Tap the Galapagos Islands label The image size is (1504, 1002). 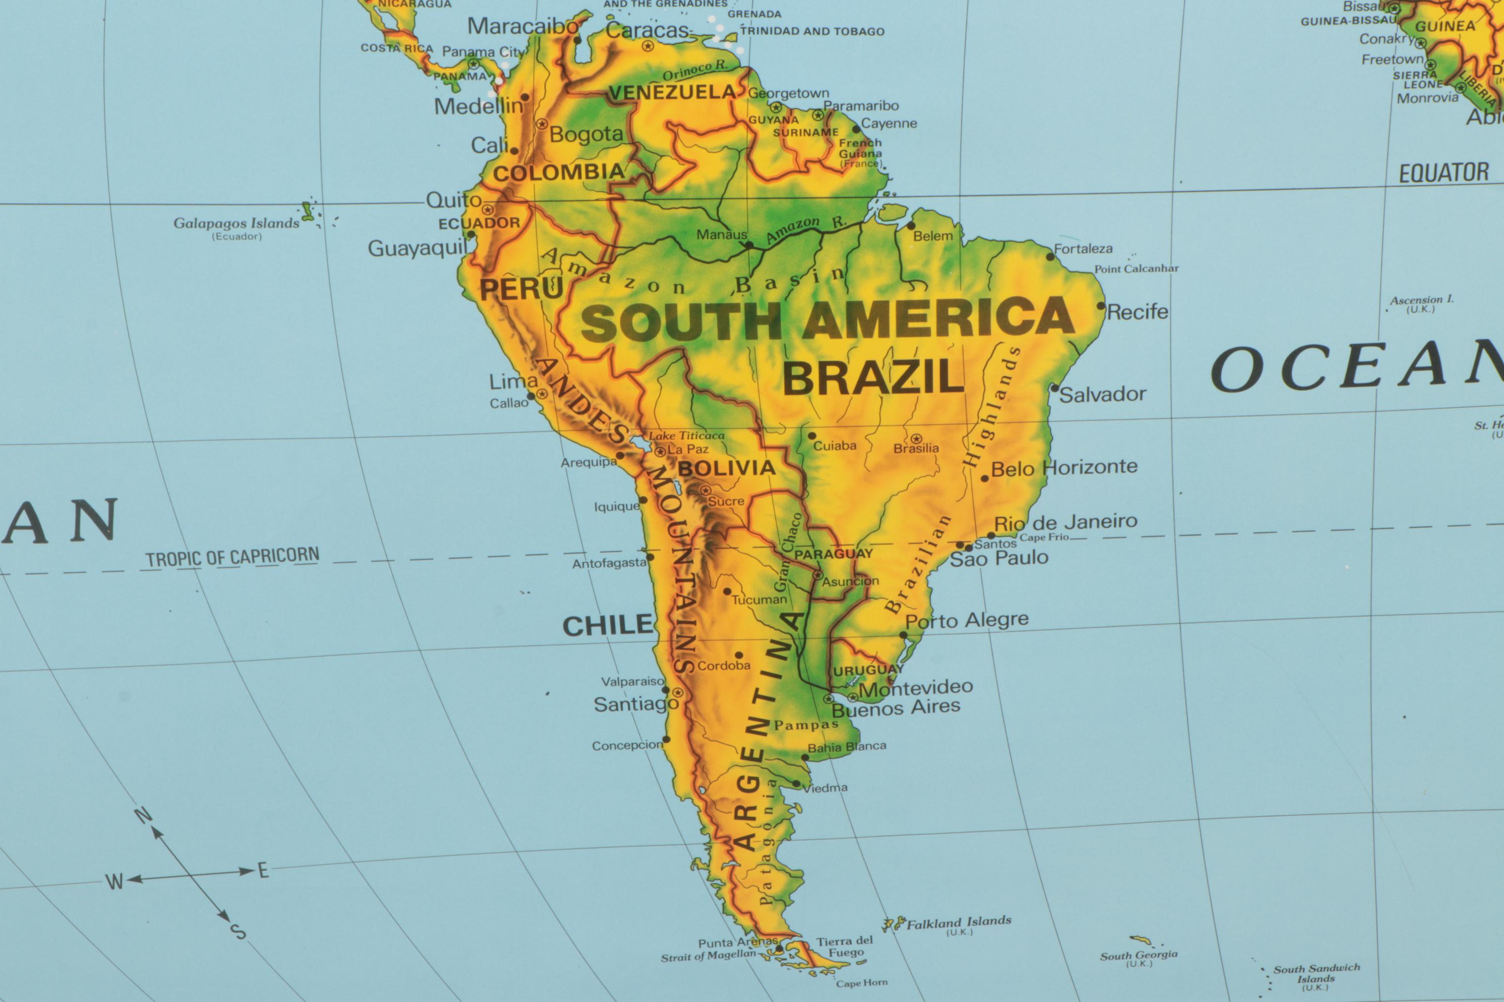click(236, 223)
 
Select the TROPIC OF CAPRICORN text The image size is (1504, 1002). click(232, 558)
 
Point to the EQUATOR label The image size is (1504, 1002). click(1444, 173)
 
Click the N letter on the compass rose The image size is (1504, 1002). click(143, 816)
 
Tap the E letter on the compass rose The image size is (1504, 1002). click(263, 870)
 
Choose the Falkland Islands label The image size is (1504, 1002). click(959, 922)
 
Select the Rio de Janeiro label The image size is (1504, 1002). click(1065, 522)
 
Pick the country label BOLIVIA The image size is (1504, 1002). click(726, 468)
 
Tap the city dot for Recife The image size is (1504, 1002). click(1101, 306)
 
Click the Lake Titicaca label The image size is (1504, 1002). click(687, 436)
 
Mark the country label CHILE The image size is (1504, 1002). click(607, 626)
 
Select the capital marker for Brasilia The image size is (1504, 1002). click(916, 438)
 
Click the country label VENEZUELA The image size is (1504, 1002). click(672, 92)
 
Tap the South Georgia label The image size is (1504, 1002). click(1138, 956)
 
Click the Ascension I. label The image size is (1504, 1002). click(1422, 299)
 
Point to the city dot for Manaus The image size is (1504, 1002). click(749, 244)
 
